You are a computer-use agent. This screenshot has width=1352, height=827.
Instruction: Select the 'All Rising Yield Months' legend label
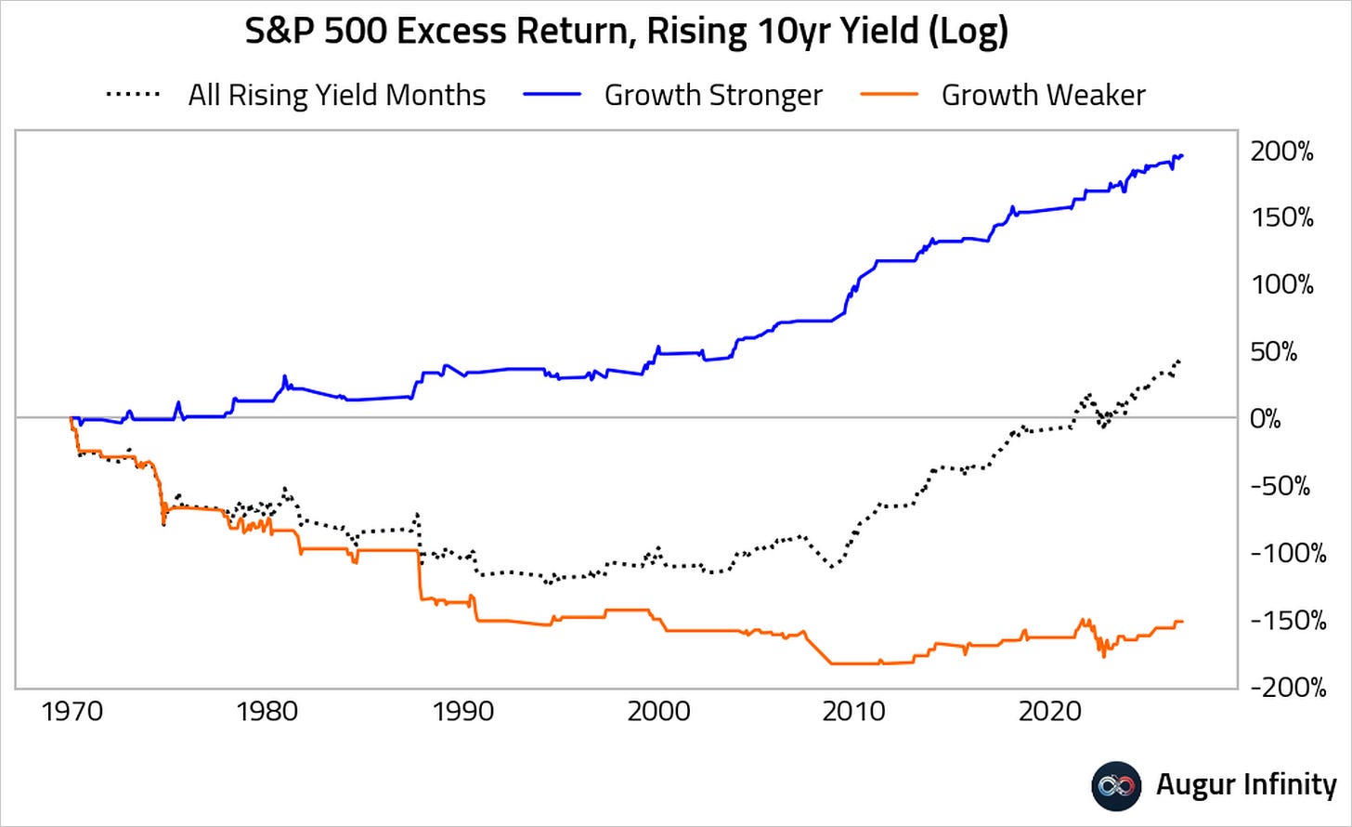(337, 95)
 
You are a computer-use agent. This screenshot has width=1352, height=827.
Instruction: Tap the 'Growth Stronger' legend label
(713, 95)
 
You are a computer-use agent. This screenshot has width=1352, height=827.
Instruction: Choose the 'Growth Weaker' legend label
(1044, 95)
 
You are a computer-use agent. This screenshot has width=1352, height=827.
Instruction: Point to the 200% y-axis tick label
(1282, 151)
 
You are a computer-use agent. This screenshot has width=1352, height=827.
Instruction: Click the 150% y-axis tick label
(1282, 217)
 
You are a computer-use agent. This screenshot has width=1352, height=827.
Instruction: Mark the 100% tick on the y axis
(1282, 284)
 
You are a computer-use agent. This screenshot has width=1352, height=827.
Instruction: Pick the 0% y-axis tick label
(1265, 419)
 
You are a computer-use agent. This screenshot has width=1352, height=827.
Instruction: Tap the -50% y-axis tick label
(1280, 486)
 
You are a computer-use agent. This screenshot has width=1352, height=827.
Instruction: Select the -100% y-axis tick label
(1288, 553)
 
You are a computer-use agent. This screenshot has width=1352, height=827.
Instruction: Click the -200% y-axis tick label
(1288, 687)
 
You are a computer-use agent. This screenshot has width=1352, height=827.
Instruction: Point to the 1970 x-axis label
(71, 712)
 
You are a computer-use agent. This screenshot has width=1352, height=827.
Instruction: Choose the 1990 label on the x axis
(463, 712)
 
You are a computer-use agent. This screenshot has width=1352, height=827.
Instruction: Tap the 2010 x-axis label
(853, 712)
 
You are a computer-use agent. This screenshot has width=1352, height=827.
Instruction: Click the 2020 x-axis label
(1049, 712)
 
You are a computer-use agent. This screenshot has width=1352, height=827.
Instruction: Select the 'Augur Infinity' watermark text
(1246, 784)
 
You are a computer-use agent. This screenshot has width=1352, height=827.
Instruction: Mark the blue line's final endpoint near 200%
(1182, 156)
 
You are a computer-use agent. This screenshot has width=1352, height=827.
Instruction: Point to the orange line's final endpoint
(1182, 622)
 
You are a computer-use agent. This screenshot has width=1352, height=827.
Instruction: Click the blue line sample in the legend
(552, 95)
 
